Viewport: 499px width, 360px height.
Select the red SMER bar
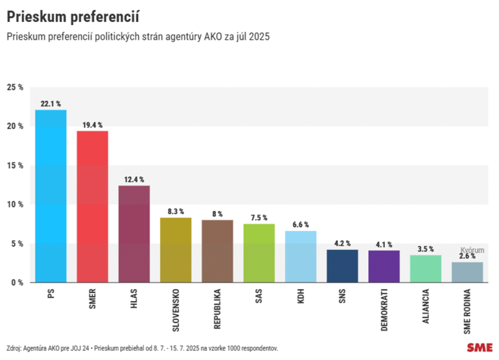[x=92, y=206]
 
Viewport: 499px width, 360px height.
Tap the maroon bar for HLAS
[x=134, y=234]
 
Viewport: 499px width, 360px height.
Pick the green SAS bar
[x=259, y=253]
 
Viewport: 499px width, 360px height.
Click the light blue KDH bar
[x=301, y=256]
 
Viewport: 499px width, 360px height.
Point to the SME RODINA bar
[x=467, y=272]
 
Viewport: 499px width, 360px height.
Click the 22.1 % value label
[x=51, y=103]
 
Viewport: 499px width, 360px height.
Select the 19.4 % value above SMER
[x=92, y=125]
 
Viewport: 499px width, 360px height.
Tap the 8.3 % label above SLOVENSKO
[x=175, y=212]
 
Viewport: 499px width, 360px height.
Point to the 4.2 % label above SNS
[x=342, y=243]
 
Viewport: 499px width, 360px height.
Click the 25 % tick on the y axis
[x=15, y=88]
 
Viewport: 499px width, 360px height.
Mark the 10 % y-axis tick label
[x=15, y=205]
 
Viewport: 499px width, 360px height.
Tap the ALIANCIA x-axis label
[x=425, y=306]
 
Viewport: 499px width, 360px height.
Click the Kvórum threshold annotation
[x=472, y=250]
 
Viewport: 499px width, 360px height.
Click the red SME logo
[x=479, y=347]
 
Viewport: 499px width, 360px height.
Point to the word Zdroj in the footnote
[x=14, y=348]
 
